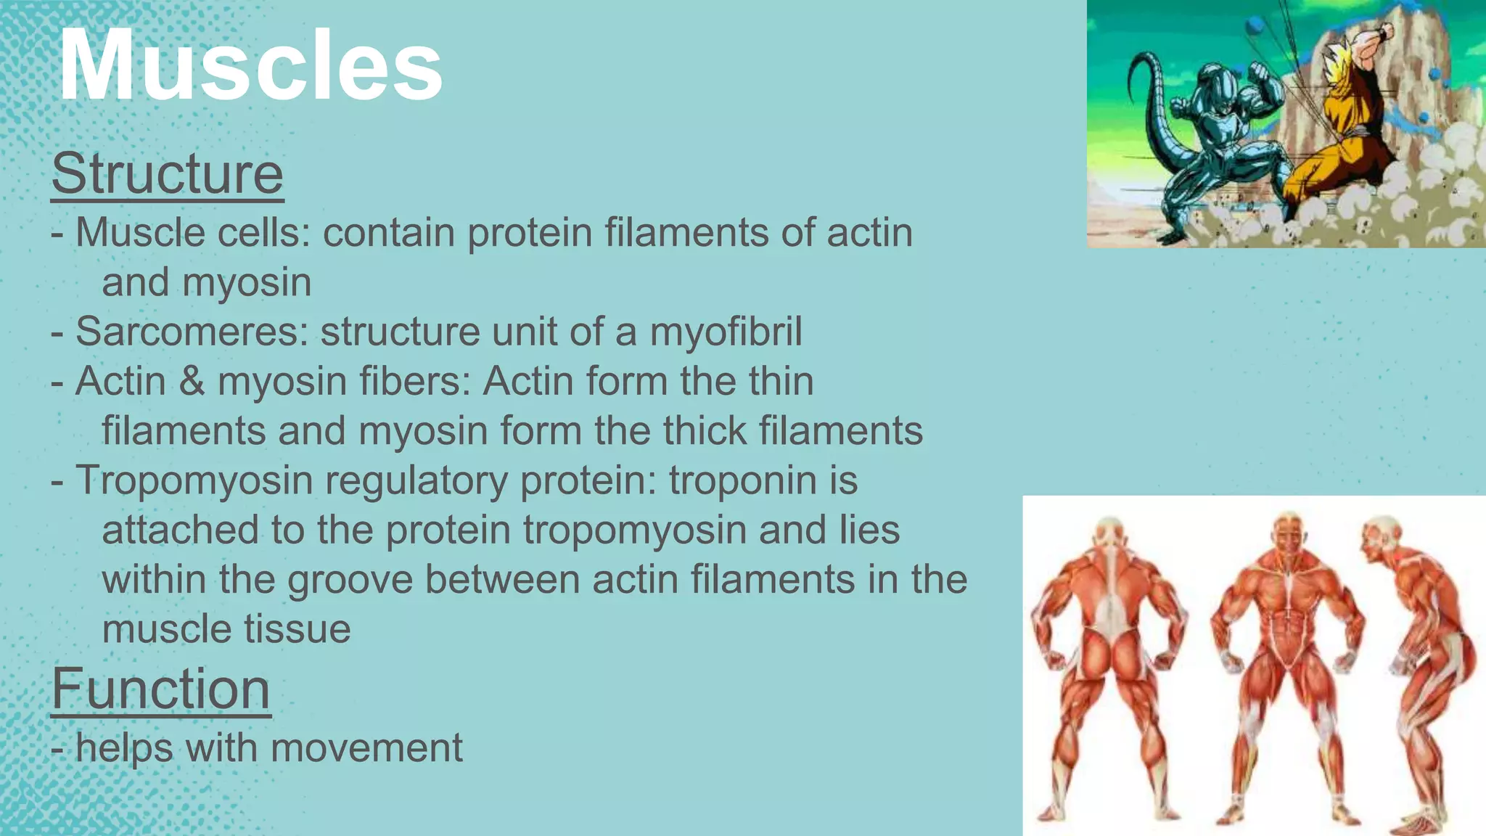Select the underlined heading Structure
(x=168, y=174)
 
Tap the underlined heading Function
(x=161, y=689)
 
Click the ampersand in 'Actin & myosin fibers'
(x=192, y=382)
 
